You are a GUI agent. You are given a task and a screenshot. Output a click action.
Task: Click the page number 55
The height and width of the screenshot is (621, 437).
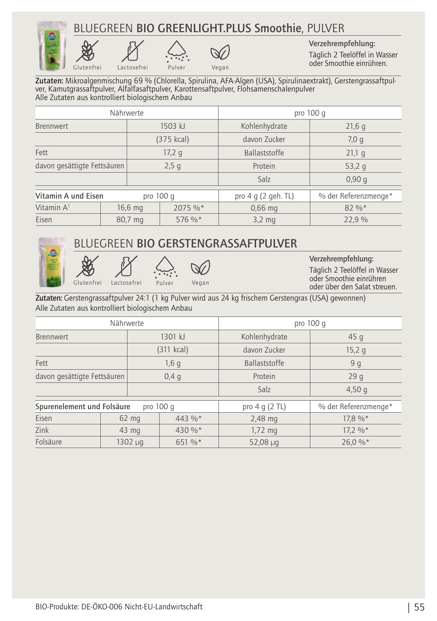click(x=419, y=607)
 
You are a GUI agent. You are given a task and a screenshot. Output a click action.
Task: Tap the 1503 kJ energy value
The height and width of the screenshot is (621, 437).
click(x=172, y=126)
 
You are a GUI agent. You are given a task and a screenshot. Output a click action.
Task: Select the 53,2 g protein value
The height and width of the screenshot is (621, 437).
click(x=355, y=166)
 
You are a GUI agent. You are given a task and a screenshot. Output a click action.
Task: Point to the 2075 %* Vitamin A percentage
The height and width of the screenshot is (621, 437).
click(x=189, y=208)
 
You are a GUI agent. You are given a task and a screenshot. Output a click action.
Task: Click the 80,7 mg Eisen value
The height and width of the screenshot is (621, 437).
click(x=130, y=220)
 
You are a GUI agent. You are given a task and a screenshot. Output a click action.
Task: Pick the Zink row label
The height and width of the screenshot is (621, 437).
click(x=42, y=430)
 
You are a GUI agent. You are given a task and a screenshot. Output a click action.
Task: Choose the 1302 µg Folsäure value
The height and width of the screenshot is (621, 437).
click(x=130, y=442)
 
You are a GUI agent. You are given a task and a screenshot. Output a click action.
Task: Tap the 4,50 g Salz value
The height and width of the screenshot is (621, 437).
click(x=356, y=389)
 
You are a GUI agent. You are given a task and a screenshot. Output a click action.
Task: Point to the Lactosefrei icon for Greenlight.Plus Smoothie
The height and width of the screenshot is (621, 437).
click(x=132, y=52)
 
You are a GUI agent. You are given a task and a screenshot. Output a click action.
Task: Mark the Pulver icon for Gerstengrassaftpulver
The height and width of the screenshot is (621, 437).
click(x=165, y=267)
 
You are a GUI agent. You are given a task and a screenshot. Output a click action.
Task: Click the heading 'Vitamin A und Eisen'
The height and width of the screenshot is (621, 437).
click(x=69, y=196)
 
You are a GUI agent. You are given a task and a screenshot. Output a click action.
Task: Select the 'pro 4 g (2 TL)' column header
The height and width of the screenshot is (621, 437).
click(x=264, y=407)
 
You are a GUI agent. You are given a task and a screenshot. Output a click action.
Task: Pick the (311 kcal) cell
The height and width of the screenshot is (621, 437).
click(x=172, y=349)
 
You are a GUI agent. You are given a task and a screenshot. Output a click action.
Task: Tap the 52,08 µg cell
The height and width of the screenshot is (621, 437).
click(x=264, y=442)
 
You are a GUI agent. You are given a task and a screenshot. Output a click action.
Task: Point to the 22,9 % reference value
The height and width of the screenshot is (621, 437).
click(x=356, y=220)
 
